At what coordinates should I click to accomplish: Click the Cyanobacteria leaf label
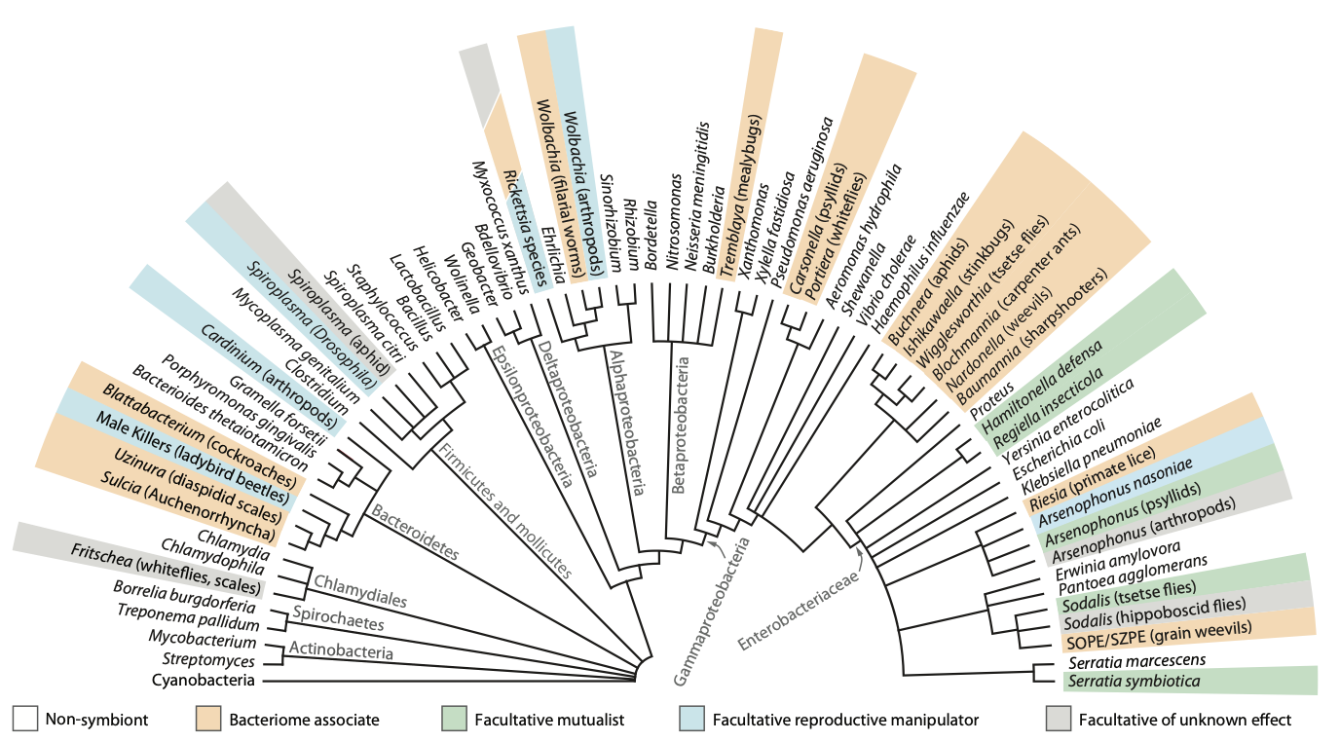tap(204, 680)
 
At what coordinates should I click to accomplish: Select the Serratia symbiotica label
tap(1134, 682)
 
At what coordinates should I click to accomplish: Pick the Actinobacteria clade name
tap(341, 649)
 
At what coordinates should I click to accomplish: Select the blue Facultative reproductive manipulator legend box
tap(691, 719)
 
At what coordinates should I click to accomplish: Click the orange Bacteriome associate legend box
tap(210, 719)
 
